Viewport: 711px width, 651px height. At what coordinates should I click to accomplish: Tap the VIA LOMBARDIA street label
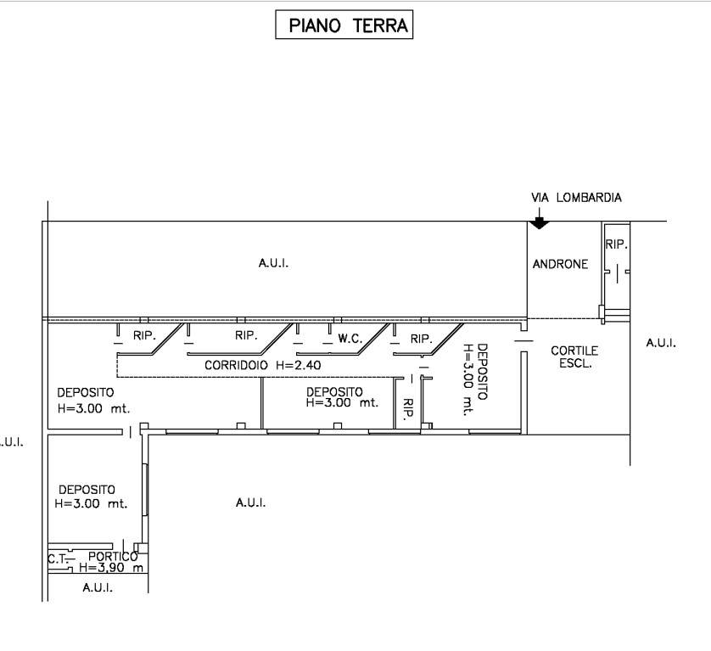[576, 198]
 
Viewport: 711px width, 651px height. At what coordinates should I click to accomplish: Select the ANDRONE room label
[560, 264]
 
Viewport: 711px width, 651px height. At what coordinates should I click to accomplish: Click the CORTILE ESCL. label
[574, 357]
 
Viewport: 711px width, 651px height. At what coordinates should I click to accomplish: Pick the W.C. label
[350, 339]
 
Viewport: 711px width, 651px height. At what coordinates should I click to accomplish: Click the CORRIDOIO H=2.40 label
[262, 365]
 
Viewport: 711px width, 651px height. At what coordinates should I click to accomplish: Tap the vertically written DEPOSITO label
[483, 372]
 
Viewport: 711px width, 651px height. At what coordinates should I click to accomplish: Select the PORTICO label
[113, 557]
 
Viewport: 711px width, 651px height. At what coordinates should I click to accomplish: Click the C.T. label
[57, 559]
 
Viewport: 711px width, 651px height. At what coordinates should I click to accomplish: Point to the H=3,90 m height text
[111, 568]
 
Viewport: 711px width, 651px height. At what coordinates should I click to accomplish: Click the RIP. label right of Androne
[616, 244]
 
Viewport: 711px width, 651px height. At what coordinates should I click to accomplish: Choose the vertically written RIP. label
[408, 408]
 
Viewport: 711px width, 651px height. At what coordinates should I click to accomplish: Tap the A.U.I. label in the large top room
[273, 263]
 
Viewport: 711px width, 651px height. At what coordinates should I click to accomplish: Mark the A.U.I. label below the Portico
[98, 588]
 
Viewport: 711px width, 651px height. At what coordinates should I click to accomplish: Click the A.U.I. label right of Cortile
[661, 343]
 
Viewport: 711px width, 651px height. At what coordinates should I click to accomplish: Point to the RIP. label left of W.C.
[246, 336]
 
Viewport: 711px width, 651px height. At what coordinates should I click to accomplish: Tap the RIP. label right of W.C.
[421, 339]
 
